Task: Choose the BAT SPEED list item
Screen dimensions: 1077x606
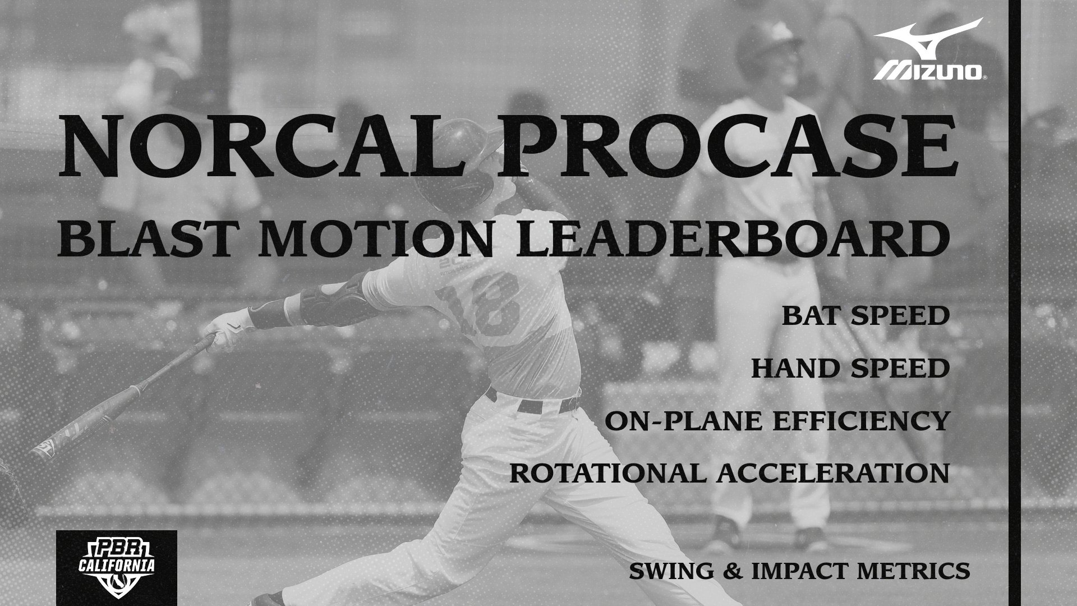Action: [x=866, y=316]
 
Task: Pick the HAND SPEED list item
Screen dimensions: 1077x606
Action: [x=850, y=369]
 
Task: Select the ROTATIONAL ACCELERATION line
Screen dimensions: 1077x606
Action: [x=729, y=473]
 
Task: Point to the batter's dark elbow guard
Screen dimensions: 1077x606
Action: [x=325, y=300]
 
